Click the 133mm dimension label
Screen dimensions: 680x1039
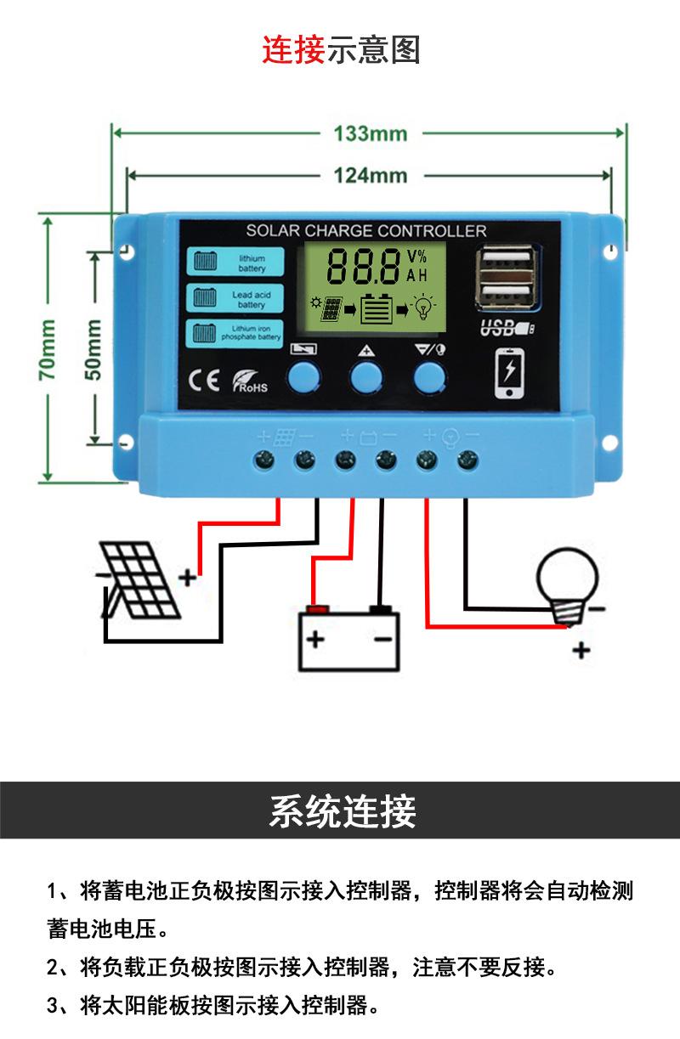click(x=370, y=133)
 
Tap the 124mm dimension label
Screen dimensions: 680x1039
click(x=370, y=176)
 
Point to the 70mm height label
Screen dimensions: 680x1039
click(x=48, y=348)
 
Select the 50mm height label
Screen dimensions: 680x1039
click(x=93, y=348)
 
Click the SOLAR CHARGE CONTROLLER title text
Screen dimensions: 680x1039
click(x=366, y=230)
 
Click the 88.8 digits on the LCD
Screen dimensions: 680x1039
click(x=364, y=266)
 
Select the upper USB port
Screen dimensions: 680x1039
click(x=507, y=259)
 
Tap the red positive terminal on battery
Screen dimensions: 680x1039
click(x=318, y=609)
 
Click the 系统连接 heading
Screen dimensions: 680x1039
click(x=342, y=811)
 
